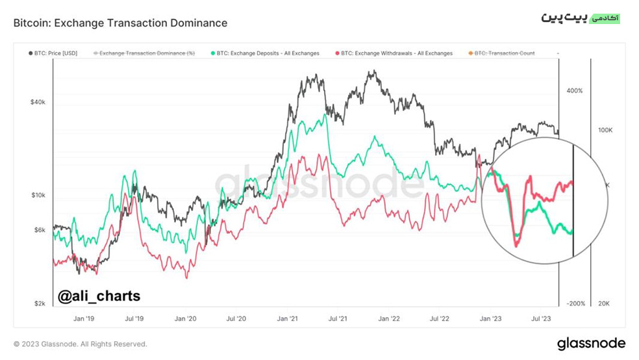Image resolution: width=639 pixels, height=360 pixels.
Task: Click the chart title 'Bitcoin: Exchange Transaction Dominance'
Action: [x=120, y=23]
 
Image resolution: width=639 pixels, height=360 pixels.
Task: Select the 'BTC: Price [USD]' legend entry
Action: [x=53, y=53]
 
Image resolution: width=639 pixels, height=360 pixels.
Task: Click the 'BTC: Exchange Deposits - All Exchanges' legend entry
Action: [x=265, y=53]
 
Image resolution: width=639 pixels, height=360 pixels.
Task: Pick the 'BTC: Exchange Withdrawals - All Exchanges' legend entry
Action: [x=394, y=53]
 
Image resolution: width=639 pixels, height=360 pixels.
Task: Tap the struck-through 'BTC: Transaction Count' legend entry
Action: [x=502, y=53]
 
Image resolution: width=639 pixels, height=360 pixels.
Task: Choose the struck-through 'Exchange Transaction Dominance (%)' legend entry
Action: [x=144, y=53]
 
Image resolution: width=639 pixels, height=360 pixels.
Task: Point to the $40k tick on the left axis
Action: [x=38, y=102]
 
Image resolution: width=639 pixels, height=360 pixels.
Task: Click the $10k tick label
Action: [x=38, y=196]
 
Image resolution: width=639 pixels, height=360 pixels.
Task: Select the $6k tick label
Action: [x=40, y=230]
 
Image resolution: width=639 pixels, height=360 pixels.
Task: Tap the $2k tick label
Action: [x=40, y=303]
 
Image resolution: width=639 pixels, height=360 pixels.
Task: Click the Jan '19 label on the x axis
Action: [x=84, y=318]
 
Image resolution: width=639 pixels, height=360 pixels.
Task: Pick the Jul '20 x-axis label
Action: [x=236, y=318]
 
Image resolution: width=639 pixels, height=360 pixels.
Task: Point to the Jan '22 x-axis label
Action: [x=389, y=318]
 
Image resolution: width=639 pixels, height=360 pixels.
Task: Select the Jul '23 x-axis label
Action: [x=541, y=318]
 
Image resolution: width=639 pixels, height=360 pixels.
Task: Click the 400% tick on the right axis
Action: [x=575, y=90]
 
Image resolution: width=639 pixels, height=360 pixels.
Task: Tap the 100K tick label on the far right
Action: [x=605, y=130]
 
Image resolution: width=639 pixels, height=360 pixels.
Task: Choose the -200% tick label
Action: [x=576, y=303]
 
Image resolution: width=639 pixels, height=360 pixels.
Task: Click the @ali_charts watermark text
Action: [x=99, y=296]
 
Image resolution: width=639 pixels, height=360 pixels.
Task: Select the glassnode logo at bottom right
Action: [x=592, y=343]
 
